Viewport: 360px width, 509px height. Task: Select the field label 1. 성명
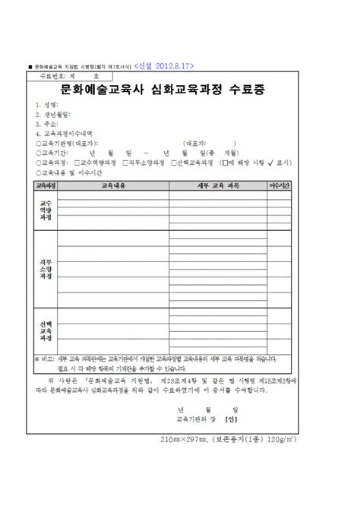point(48,105)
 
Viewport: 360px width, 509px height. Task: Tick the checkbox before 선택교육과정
point(174,162)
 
